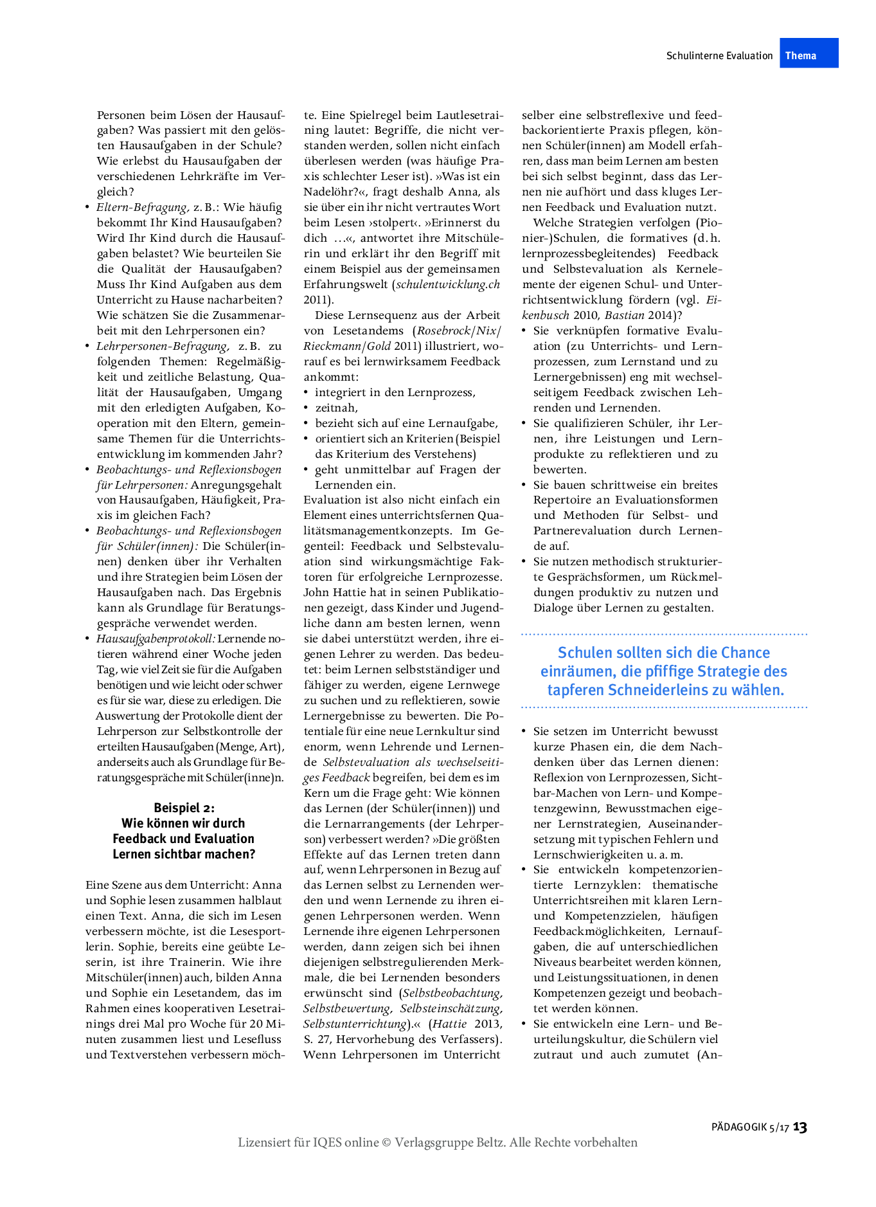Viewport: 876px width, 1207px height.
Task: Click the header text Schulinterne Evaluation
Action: pos(719,56)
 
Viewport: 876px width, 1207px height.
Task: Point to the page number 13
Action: pos(800,1127)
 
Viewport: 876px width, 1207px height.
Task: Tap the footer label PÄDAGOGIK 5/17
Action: pos(749,1127)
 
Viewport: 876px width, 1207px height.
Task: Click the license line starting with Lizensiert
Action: pos(438,1142)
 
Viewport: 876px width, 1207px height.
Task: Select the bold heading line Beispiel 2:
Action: pos(184,808)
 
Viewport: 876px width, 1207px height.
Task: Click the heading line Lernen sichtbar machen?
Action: pos(184,854)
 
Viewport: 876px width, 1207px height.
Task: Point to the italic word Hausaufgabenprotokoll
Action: pos(156,639)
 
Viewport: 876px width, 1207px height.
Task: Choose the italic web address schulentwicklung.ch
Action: pos(448,284)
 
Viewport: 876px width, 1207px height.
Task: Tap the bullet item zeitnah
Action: pos(336,408)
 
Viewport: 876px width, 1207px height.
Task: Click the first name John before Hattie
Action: pos(316,592)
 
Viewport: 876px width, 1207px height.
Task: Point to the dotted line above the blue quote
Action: pos(664,634)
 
